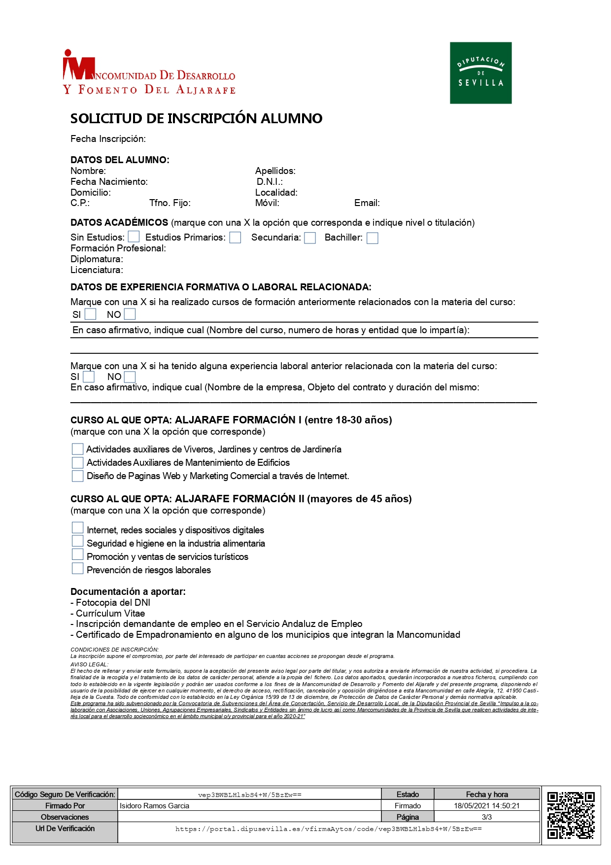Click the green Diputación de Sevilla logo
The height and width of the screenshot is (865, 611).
tap(480, 73)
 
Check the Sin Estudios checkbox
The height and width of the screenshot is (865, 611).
tap(134, 237)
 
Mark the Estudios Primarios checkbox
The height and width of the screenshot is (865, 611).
tap(236, 238)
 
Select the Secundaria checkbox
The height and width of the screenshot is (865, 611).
tap(310, 238)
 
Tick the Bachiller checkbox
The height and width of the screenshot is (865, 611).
tap(373, 238)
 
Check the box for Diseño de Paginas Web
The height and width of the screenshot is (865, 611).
tap(77, 476)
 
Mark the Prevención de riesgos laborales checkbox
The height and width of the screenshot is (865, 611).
tap(77, 568)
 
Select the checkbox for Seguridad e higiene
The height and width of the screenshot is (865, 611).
tap(77, 541)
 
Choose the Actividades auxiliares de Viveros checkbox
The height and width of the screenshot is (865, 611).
tap(77, 449)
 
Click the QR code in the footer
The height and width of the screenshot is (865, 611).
tap(571, 815)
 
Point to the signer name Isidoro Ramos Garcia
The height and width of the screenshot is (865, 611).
tap(154, 805)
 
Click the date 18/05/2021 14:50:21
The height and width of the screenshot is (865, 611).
tap(486, 805)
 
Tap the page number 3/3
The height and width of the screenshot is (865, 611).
tap(486, 817)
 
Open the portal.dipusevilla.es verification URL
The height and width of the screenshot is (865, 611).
tap(328, 829)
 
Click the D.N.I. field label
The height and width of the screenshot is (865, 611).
tap(270, 182)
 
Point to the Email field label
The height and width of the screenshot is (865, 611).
tap(367, 203)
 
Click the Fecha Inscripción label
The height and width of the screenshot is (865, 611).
tap(108, 139)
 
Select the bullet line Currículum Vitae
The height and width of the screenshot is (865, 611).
tap(110, 613)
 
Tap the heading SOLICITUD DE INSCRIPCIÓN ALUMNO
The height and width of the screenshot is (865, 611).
tap(196, 118)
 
